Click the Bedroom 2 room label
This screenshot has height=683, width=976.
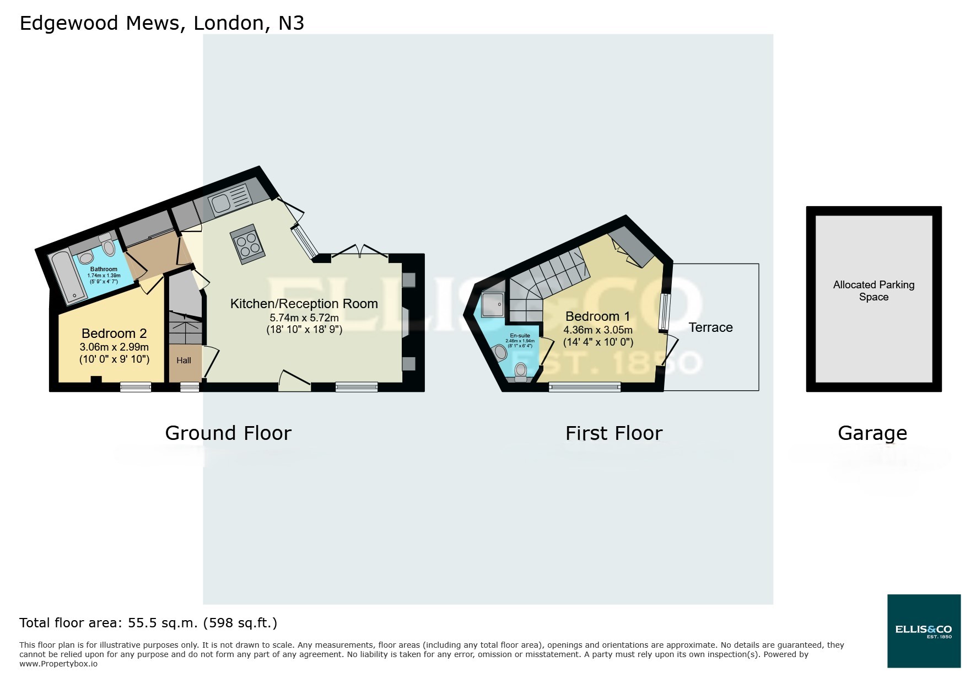[x=114, y=334]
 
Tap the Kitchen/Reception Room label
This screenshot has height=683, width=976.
[x=304, y=304]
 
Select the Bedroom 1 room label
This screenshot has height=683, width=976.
[x=597, y=316]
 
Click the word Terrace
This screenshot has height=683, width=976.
[x=710, y=327]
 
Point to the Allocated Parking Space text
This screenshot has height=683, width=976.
[x=873, y=291]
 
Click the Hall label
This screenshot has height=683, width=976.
[x=184, y=361]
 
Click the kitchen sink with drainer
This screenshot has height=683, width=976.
[x=230, y=200]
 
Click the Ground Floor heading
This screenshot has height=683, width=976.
[x=228, y=433]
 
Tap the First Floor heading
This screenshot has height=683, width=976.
[x=614, y=433]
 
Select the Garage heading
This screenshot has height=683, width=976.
[x=872, y=433]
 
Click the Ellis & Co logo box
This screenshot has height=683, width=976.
[x=924, y=631]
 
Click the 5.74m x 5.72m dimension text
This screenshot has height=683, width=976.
[x=304, y=318]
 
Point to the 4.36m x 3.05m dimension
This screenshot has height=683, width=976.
[x=597, y=330]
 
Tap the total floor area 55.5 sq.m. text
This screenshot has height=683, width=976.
[x=148, y=623]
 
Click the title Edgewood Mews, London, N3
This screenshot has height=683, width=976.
[x=161, y=23]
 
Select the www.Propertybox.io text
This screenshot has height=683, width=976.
[x=58, y=664]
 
